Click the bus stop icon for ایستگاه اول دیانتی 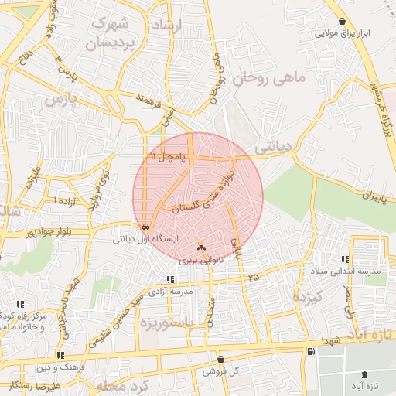click(145, 227)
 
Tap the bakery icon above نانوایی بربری click(202, 248)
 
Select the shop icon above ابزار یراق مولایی click(343, 22)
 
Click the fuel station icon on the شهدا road click(311, 352)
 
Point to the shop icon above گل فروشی click(221, 360)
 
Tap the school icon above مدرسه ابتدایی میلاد click(344, 260)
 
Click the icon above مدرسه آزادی click(171, 279)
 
